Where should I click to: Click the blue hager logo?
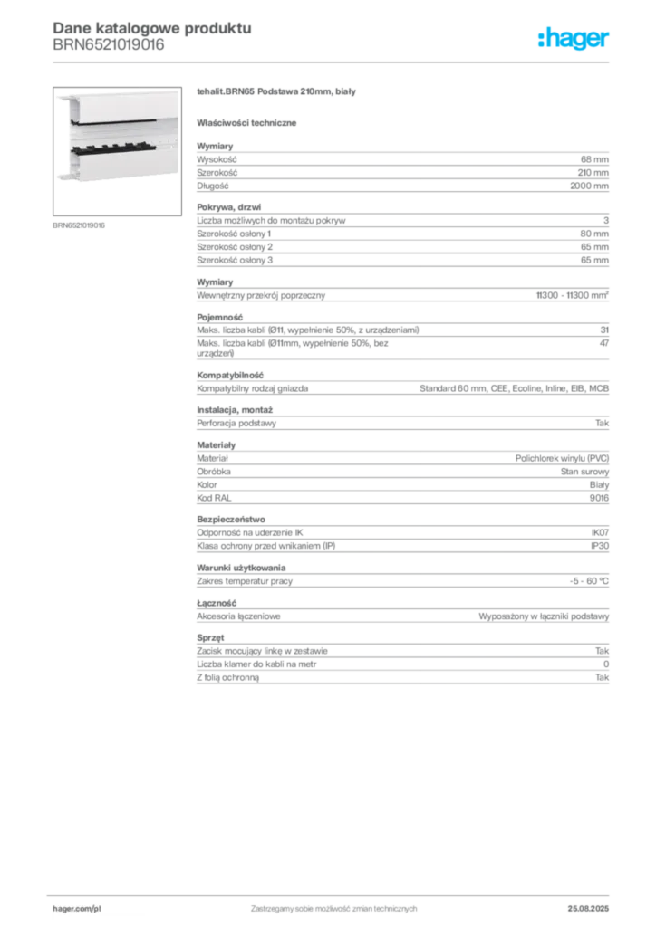click(574, 39)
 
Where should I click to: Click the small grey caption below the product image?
click(80, 225)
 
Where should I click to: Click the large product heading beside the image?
click(279, 93)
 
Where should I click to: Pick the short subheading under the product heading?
click(249, 121)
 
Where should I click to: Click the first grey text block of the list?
click(401, 167)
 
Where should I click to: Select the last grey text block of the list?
click(401, 662)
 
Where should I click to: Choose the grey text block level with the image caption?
click(401, 234)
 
